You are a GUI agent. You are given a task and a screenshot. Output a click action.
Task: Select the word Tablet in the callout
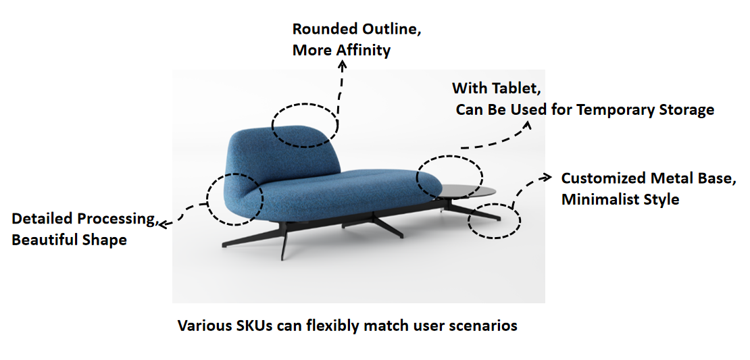(x=514, y=88)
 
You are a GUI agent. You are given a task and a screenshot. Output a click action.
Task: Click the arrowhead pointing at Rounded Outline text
(x=342, y=66)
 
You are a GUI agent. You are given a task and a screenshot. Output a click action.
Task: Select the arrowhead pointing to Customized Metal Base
(x=547, y=178)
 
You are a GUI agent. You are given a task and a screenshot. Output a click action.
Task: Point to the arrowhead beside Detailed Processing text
(x=163, y=223)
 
